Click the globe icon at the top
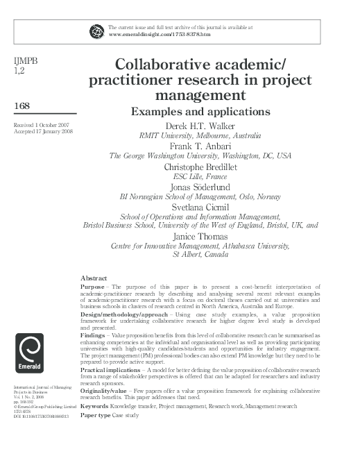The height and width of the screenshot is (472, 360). click(x=96, y=31)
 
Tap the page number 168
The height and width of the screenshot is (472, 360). click(x=22, y=106)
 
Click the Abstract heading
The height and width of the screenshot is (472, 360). click(x=94, y=277)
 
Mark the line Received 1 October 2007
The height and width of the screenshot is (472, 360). click(x=40, y=124)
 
